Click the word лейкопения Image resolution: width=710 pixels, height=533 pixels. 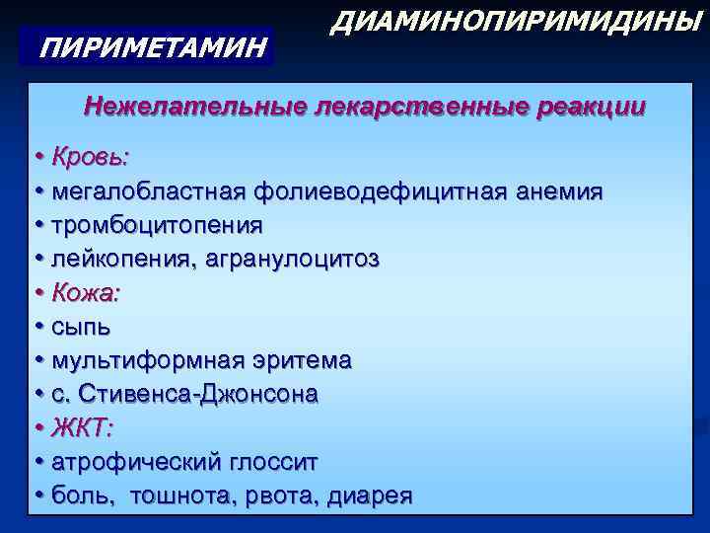[122, 259]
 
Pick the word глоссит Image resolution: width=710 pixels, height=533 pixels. [268, 462]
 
